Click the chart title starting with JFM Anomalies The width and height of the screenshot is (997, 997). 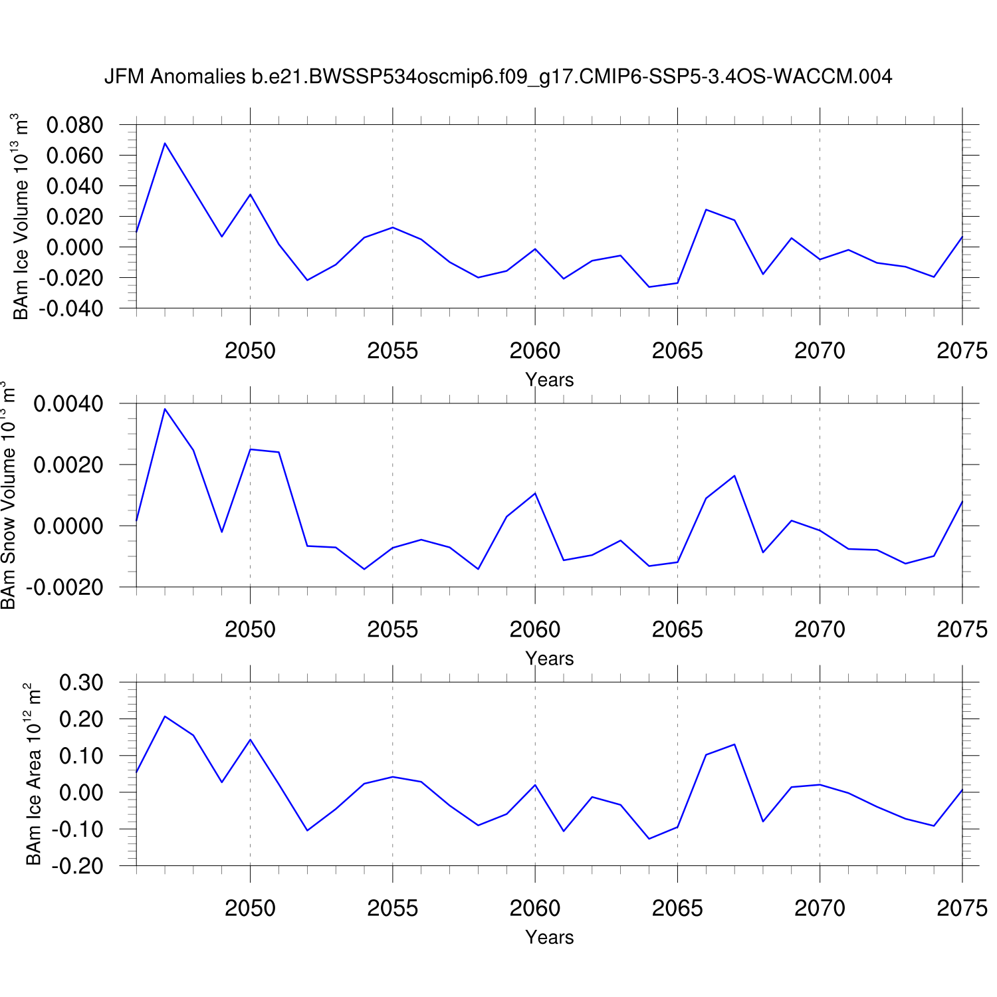tap(498, 77)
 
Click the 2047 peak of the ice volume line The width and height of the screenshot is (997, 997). tap(165, 143)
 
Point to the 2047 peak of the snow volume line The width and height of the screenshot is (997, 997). tap(165, 409)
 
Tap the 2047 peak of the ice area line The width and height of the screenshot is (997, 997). tap(165, 717)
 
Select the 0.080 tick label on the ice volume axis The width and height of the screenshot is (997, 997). tap(74, 125)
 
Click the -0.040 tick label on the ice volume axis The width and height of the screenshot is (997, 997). tap(71, 308)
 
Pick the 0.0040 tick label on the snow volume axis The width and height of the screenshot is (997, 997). tap(68, 403)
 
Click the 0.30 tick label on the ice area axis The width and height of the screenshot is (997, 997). tap(81, 683)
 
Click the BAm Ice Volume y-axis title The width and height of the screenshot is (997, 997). tap(21, 217)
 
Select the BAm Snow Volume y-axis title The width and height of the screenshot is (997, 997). tap(8, 495)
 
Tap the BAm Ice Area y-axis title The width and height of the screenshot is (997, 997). tap(33, 774)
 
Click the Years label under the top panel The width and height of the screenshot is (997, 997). tap(549, 380)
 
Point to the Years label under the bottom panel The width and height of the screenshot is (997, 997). tap(549, 937)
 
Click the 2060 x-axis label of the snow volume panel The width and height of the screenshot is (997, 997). tap(534, 629)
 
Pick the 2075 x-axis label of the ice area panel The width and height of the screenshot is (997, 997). tap(961, 908)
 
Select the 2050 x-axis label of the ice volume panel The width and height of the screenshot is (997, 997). tap(250, 351)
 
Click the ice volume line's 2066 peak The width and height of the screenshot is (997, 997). tap(706, 209)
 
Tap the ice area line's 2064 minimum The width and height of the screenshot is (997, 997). tap(649, 839)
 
